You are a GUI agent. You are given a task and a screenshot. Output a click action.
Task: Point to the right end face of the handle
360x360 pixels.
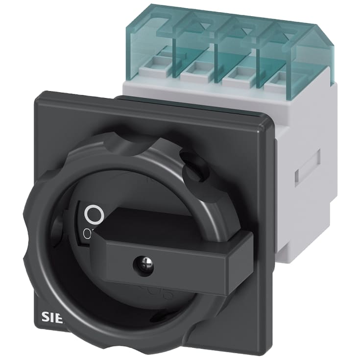[241, 260]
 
